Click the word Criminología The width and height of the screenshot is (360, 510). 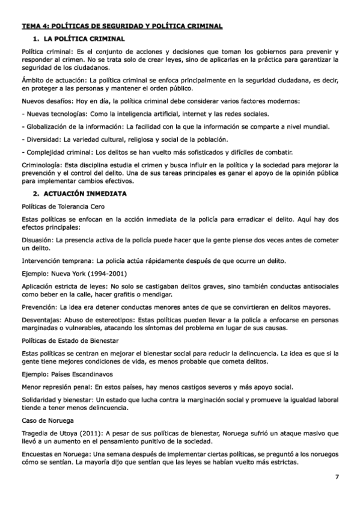click(42, 164)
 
